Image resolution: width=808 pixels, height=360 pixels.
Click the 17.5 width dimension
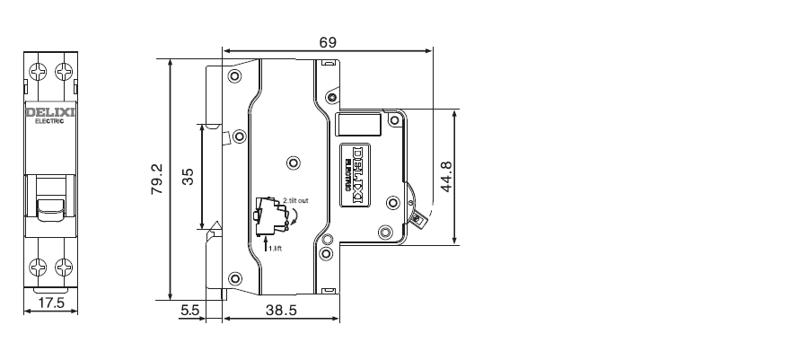[51, 303]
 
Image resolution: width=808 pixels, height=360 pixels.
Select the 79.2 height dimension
[157, 179]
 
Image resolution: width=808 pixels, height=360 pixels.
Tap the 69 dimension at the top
[328, 42]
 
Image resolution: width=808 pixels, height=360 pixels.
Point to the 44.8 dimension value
[446, 177]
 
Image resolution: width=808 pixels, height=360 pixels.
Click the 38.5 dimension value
[281, 310]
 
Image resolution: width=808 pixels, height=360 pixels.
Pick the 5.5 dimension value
[189, 310]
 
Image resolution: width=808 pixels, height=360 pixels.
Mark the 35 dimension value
[189, 177]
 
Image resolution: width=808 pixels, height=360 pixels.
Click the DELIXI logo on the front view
[50, 112]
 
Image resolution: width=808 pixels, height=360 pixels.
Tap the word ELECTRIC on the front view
[49, 121]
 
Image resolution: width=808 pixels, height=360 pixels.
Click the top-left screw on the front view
[38, 71]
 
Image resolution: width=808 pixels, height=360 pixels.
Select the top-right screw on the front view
[64, 71]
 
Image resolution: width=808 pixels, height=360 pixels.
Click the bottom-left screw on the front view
[38, 268]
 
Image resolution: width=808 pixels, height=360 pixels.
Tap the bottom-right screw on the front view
[64, 268]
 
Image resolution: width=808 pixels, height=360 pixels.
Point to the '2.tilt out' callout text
[295, 200]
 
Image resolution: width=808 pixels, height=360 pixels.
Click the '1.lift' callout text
[276, 249]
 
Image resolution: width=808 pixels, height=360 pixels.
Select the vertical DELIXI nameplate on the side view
[356, 175]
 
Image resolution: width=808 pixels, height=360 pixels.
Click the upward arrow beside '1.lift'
[266, 243]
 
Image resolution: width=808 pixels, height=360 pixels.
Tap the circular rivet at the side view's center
[294, 163]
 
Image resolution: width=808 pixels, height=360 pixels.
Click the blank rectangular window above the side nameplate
[358, 124]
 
